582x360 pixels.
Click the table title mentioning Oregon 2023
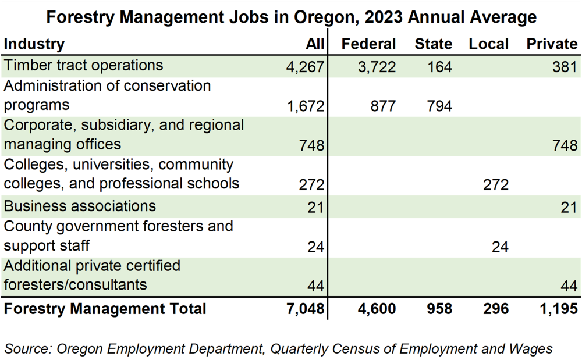tap(291, 17)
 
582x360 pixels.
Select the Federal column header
tap(368, 44)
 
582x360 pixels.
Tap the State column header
tap(433, 44)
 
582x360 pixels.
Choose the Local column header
tap(489, 44)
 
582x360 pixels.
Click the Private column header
tap(552, 44)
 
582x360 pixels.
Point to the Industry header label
tap(34, 44)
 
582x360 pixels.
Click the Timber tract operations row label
tap(84, 65)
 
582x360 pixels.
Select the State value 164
tap(439, 67)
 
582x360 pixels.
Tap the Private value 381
tap(565, 67)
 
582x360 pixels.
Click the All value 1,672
tap(305, 106)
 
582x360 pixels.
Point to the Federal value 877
tap(382, 106)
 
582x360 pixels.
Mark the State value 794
tap(439, 106)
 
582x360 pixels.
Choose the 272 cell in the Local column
tap(495, 185)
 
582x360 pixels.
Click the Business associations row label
tap(80, 206)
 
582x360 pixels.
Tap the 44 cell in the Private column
tap(568, 287)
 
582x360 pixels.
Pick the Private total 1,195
tap(558, 309)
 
